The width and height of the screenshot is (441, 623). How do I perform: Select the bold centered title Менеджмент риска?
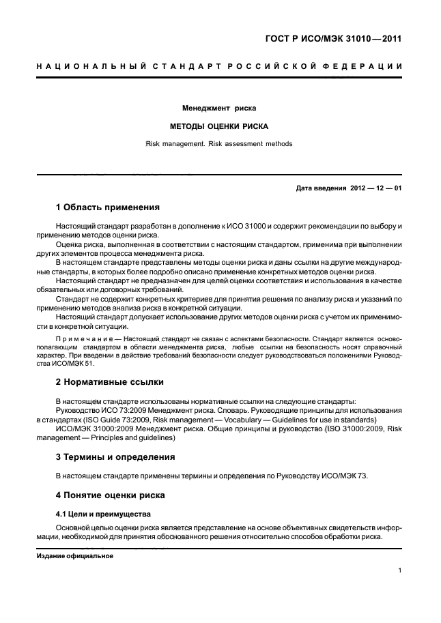tap(218, 108)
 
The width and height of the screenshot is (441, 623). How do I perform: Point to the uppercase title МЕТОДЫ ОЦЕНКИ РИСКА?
tap(218, 126)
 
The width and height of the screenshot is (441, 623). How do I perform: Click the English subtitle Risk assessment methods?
tap(218, 144)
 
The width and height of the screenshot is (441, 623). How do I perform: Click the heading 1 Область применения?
tap(107, 207)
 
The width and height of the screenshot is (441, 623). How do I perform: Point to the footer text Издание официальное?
tap(74, 555)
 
